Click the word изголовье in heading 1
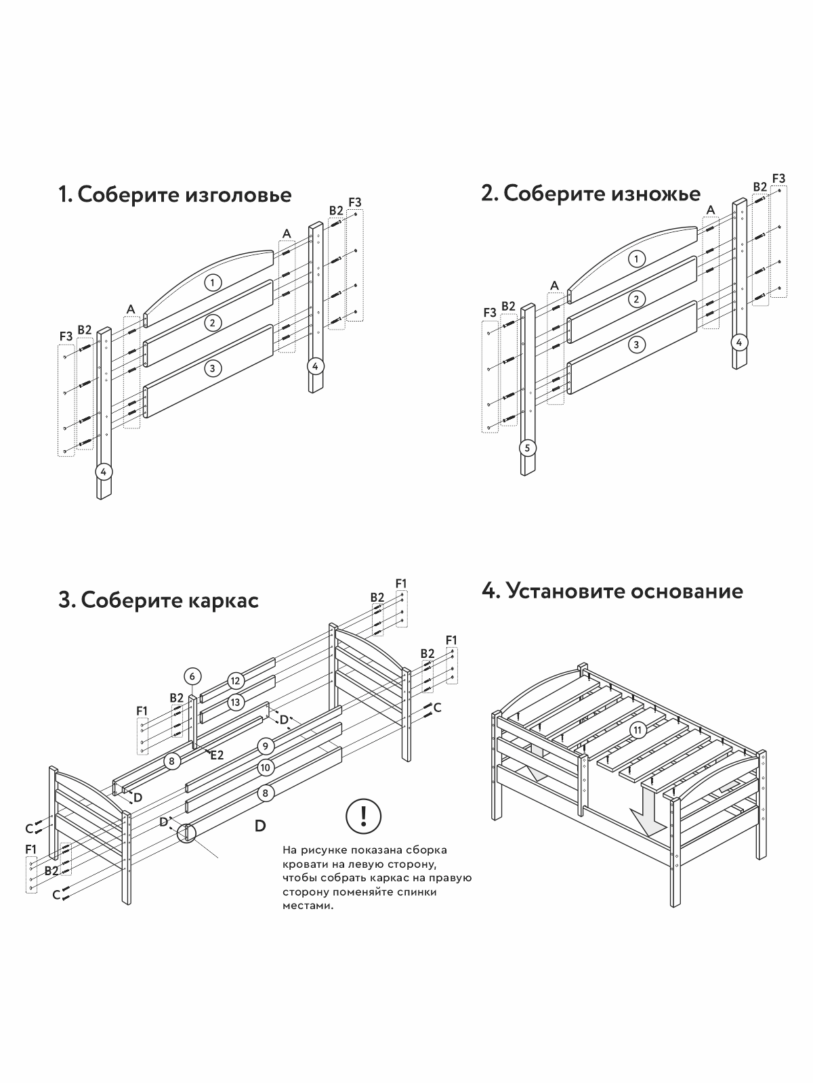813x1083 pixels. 237,195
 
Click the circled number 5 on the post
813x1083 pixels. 528,447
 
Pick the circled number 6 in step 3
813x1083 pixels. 192,676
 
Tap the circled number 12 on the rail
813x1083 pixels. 235,681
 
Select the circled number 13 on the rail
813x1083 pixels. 235,703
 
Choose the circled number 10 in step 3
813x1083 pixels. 266,768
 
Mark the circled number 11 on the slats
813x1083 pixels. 637,730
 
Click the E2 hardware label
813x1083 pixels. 217,755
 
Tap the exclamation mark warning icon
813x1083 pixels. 364,817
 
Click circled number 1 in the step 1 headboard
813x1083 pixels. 213,282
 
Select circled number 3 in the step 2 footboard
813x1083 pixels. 635,345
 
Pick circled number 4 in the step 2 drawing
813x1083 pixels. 739,342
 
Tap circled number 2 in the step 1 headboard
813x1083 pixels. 213,323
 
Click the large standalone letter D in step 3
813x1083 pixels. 260,826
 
